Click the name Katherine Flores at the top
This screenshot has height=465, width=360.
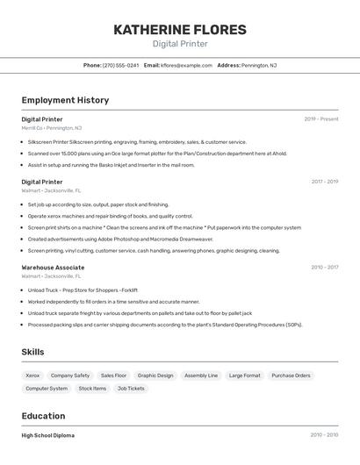click(179, 30)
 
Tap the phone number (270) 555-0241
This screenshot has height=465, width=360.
click(120, 65)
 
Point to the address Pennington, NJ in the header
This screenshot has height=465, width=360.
click(259, 65)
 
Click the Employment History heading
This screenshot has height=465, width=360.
click(65, 100)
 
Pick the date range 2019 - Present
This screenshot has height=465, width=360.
click(321, 118)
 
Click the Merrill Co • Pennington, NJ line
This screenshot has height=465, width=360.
click(52, 127)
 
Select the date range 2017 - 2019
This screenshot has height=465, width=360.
click(324, 182)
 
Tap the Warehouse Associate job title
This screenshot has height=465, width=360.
click(53, 268)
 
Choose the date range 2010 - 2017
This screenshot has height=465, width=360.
click(324, 268)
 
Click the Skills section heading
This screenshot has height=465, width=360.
click(32, 352)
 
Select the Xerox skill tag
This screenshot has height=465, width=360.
click(32, 376)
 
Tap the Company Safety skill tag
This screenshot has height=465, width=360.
click(70, 376)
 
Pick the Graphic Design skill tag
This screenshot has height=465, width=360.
click(155, 376)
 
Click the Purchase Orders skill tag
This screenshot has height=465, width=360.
click(291, 376)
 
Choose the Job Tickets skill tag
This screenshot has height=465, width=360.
click(131, 388)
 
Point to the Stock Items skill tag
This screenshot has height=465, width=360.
click(92, 388)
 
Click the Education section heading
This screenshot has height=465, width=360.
click(43, 416)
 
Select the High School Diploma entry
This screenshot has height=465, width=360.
click(48, 435)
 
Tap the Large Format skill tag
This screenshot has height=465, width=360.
click(245, 376)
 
